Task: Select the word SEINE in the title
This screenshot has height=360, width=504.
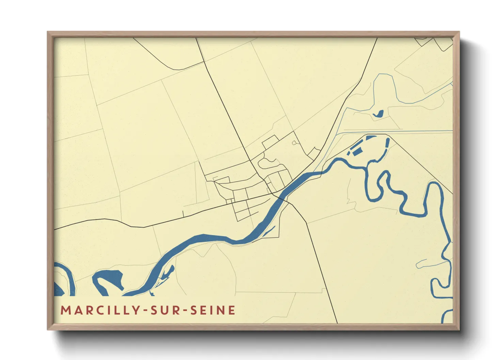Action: point(212,310)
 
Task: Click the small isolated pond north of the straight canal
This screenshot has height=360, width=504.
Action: point(378,114)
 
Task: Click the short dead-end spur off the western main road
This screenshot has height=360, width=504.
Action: point(183,213)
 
